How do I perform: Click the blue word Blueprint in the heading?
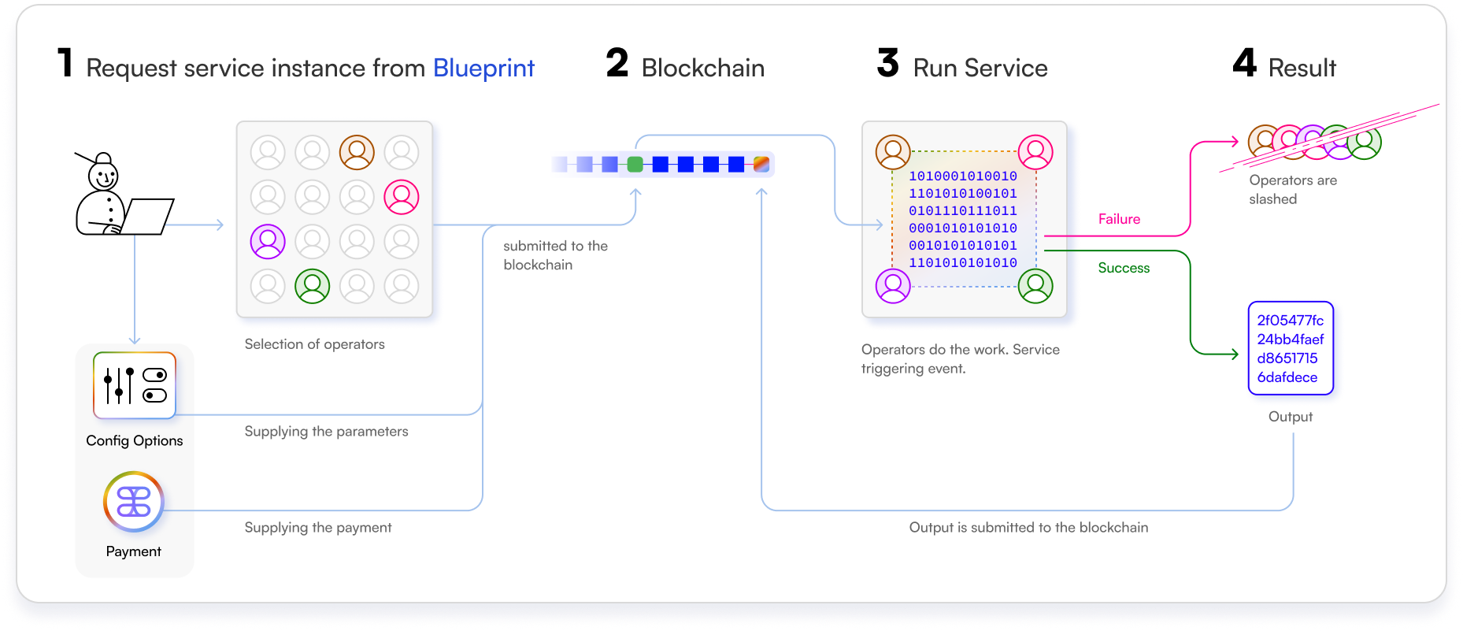(483, 69)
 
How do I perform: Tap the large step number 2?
(617, 63)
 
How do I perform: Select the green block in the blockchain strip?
(635, 164)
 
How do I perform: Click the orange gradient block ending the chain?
(761, 164)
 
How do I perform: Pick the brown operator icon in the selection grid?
(357, 152)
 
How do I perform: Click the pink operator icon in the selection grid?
(402, 197)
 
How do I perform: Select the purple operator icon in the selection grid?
(268, 242)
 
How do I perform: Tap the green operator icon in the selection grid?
(313, 286)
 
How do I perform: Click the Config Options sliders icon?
(135, 385)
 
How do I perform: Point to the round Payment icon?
(134, 502)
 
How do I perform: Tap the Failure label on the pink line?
(1119, 219)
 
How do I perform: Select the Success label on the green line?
(1124, 268)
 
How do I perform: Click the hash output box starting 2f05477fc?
(1291, 348)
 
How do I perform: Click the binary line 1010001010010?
(963, 176)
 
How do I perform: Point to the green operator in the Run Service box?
(1035, 286)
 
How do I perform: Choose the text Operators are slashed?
(1292, 190)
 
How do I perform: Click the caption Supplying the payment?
(318, 528)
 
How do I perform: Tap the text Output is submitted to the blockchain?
(1028, 528)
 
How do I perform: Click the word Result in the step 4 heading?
(1302, 69)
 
